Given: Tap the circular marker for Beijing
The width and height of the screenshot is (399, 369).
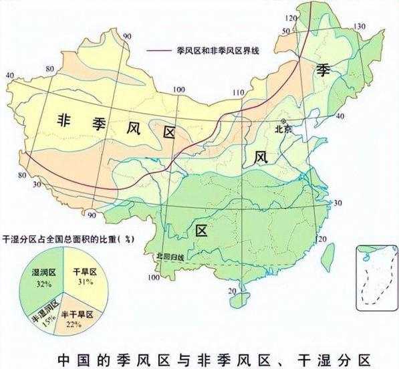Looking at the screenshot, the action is point(283,120).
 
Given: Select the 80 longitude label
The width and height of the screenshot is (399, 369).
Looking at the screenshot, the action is point(21,176).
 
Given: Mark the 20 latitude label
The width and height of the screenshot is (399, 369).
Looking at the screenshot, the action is point(232,291).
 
